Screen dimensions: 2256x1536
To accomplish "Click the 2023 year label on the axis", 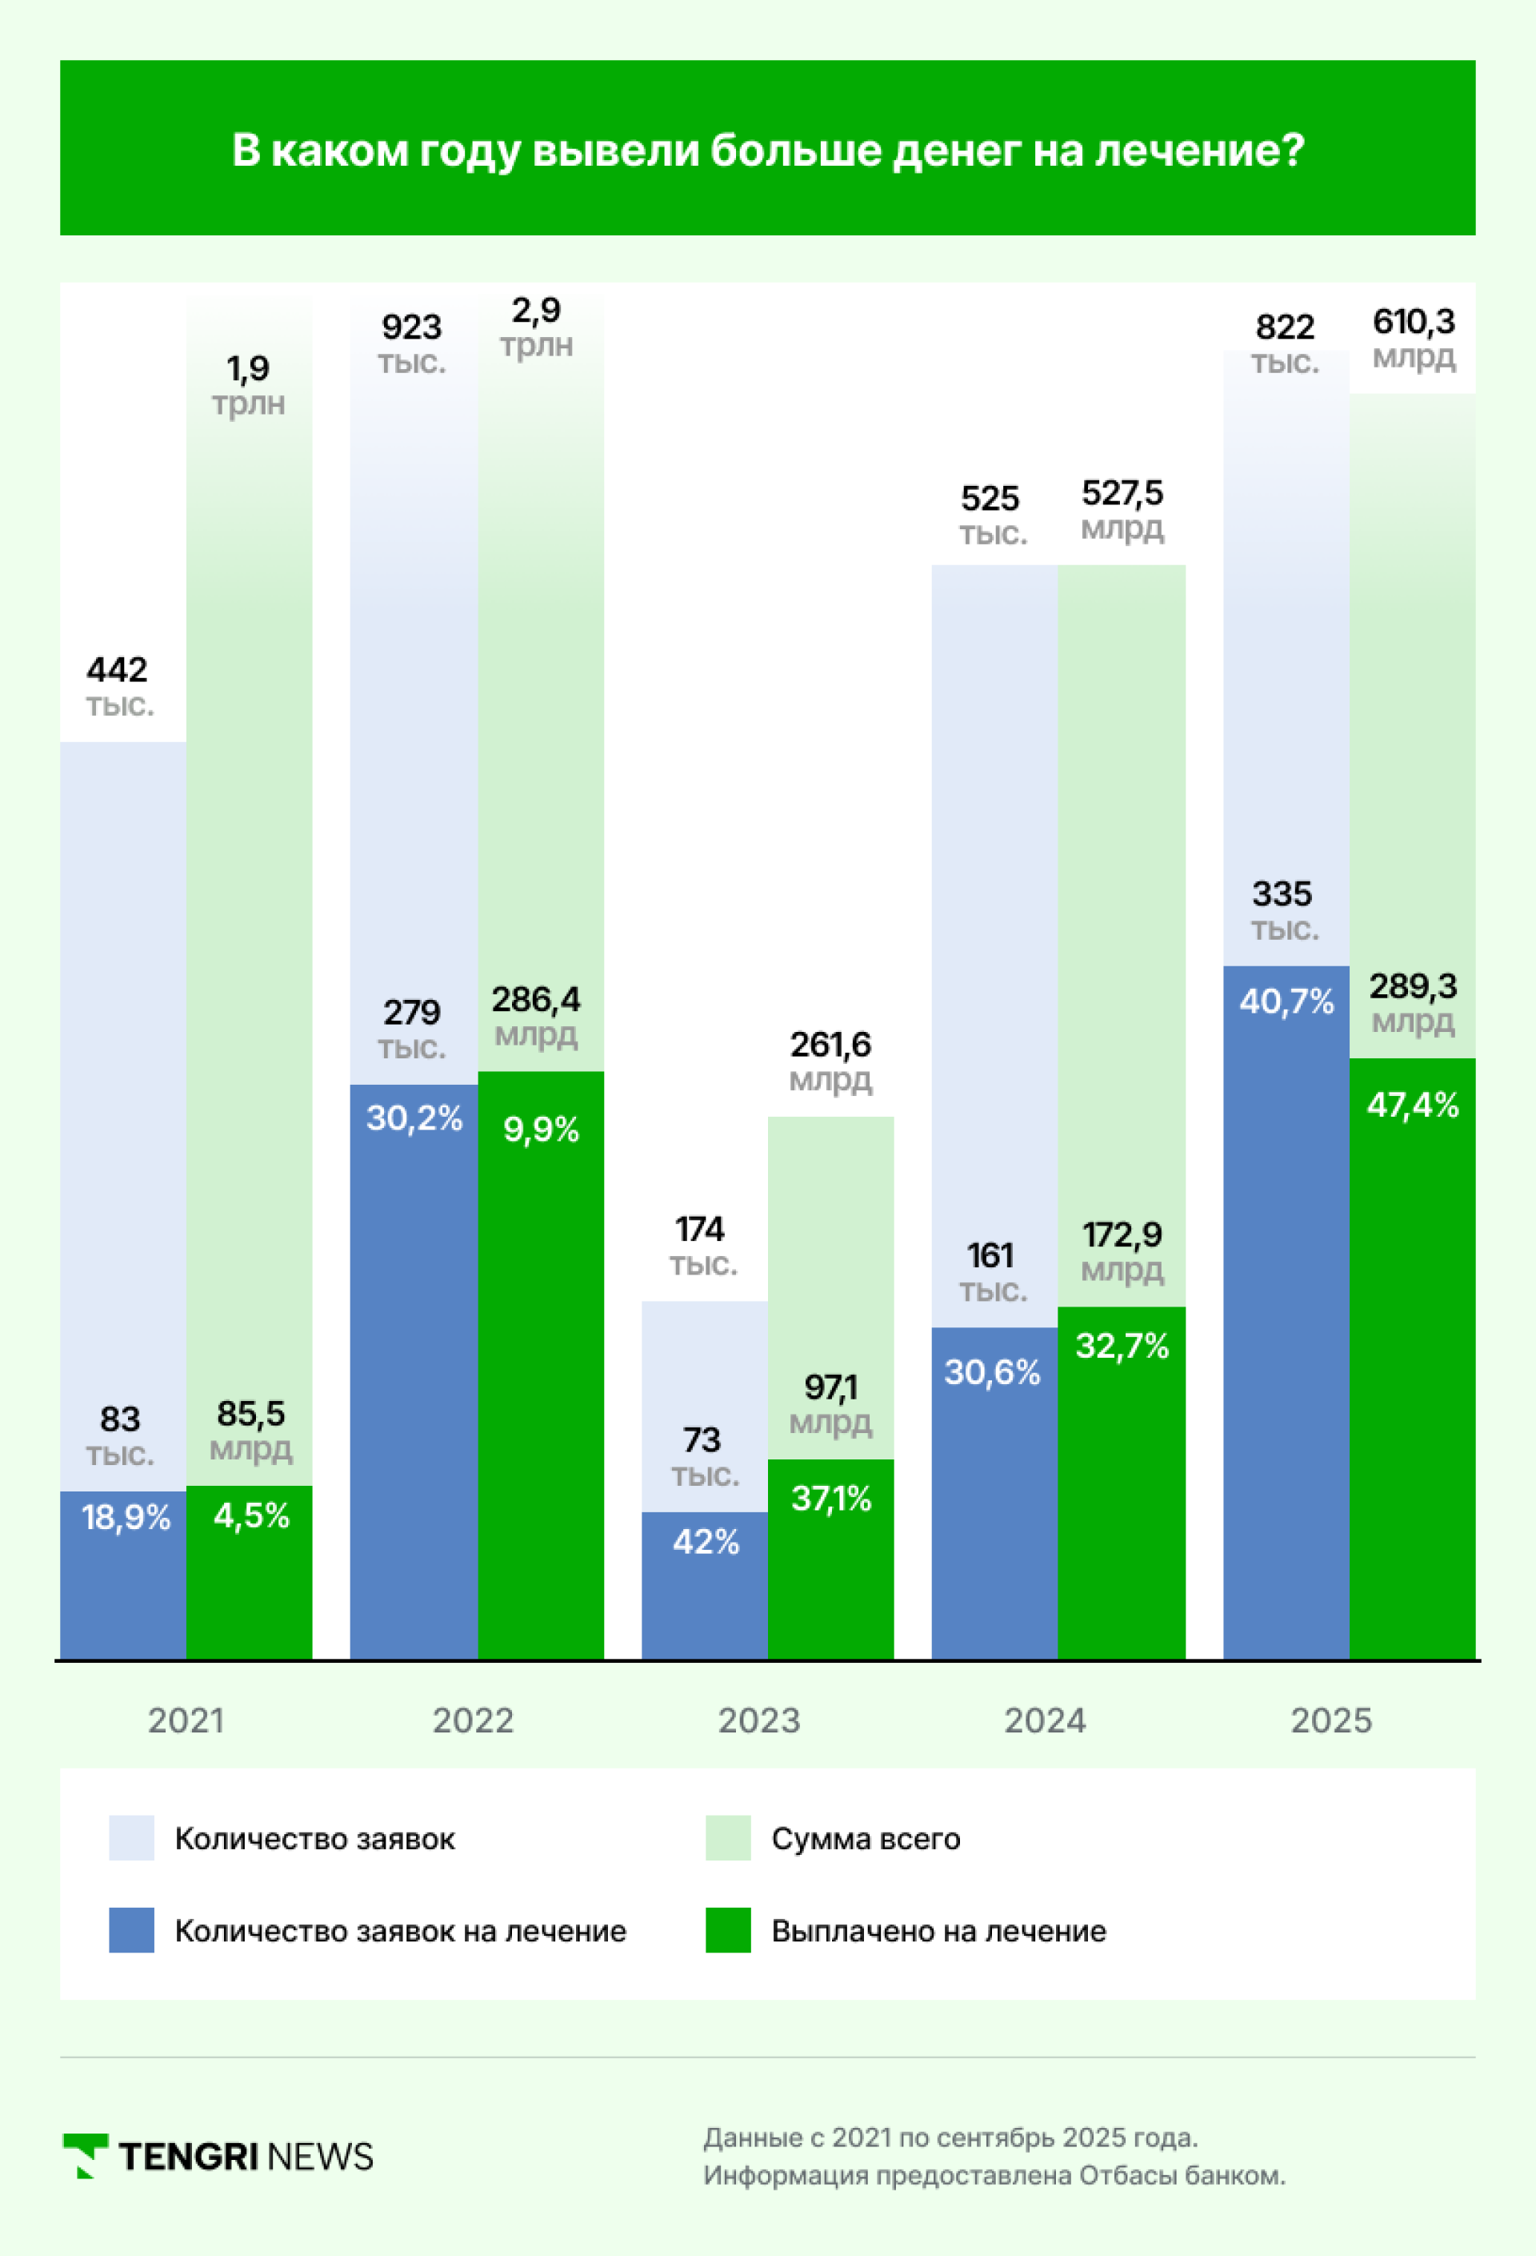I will click(758, 1720).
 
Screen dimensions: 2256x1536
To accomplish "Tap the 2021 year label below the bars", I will click(186, 1720).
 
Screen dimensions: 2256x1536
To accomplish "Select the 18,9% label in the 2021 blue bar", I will click(125, 1516).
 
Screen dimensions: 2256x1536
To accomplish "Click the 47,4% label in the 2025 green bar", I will click(1412, 1105).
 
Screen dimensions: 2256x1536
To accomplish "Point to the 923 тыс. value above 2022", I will click(411, 343).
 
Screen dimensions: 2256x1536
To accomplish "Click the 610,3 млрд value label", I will click(1413, 338).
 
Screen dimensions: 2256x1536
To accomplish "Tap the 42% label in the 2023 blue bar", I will click(706, 1542).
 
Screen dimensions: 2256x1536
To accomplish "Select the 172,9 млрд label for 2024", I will click(1122, 1250).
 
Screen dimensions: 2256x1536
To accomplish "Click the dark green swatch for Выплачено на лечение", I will click(728, 1930).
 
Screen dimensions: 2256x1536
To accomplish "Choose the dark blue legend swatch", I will click(131, 1930).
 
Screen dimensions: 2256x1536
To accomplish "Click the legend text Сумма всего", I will click(866, 1839).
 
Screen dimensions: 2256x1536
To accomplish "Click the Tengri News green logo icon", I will click(85, 2155).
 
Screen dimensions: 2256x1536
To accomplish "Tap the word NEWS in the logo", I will click(319, 2156).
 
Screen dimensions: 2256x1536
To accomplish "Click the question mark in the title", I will click(1294, 151).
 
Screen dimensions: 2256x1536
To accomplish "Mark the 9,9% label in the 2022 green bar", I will click(541, 1129).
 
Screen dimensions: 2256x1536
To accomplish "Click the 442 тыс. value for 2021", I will click(118, 685).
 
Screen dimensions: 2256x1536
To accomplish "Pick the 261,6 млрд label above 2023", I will click(830, 1060).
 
